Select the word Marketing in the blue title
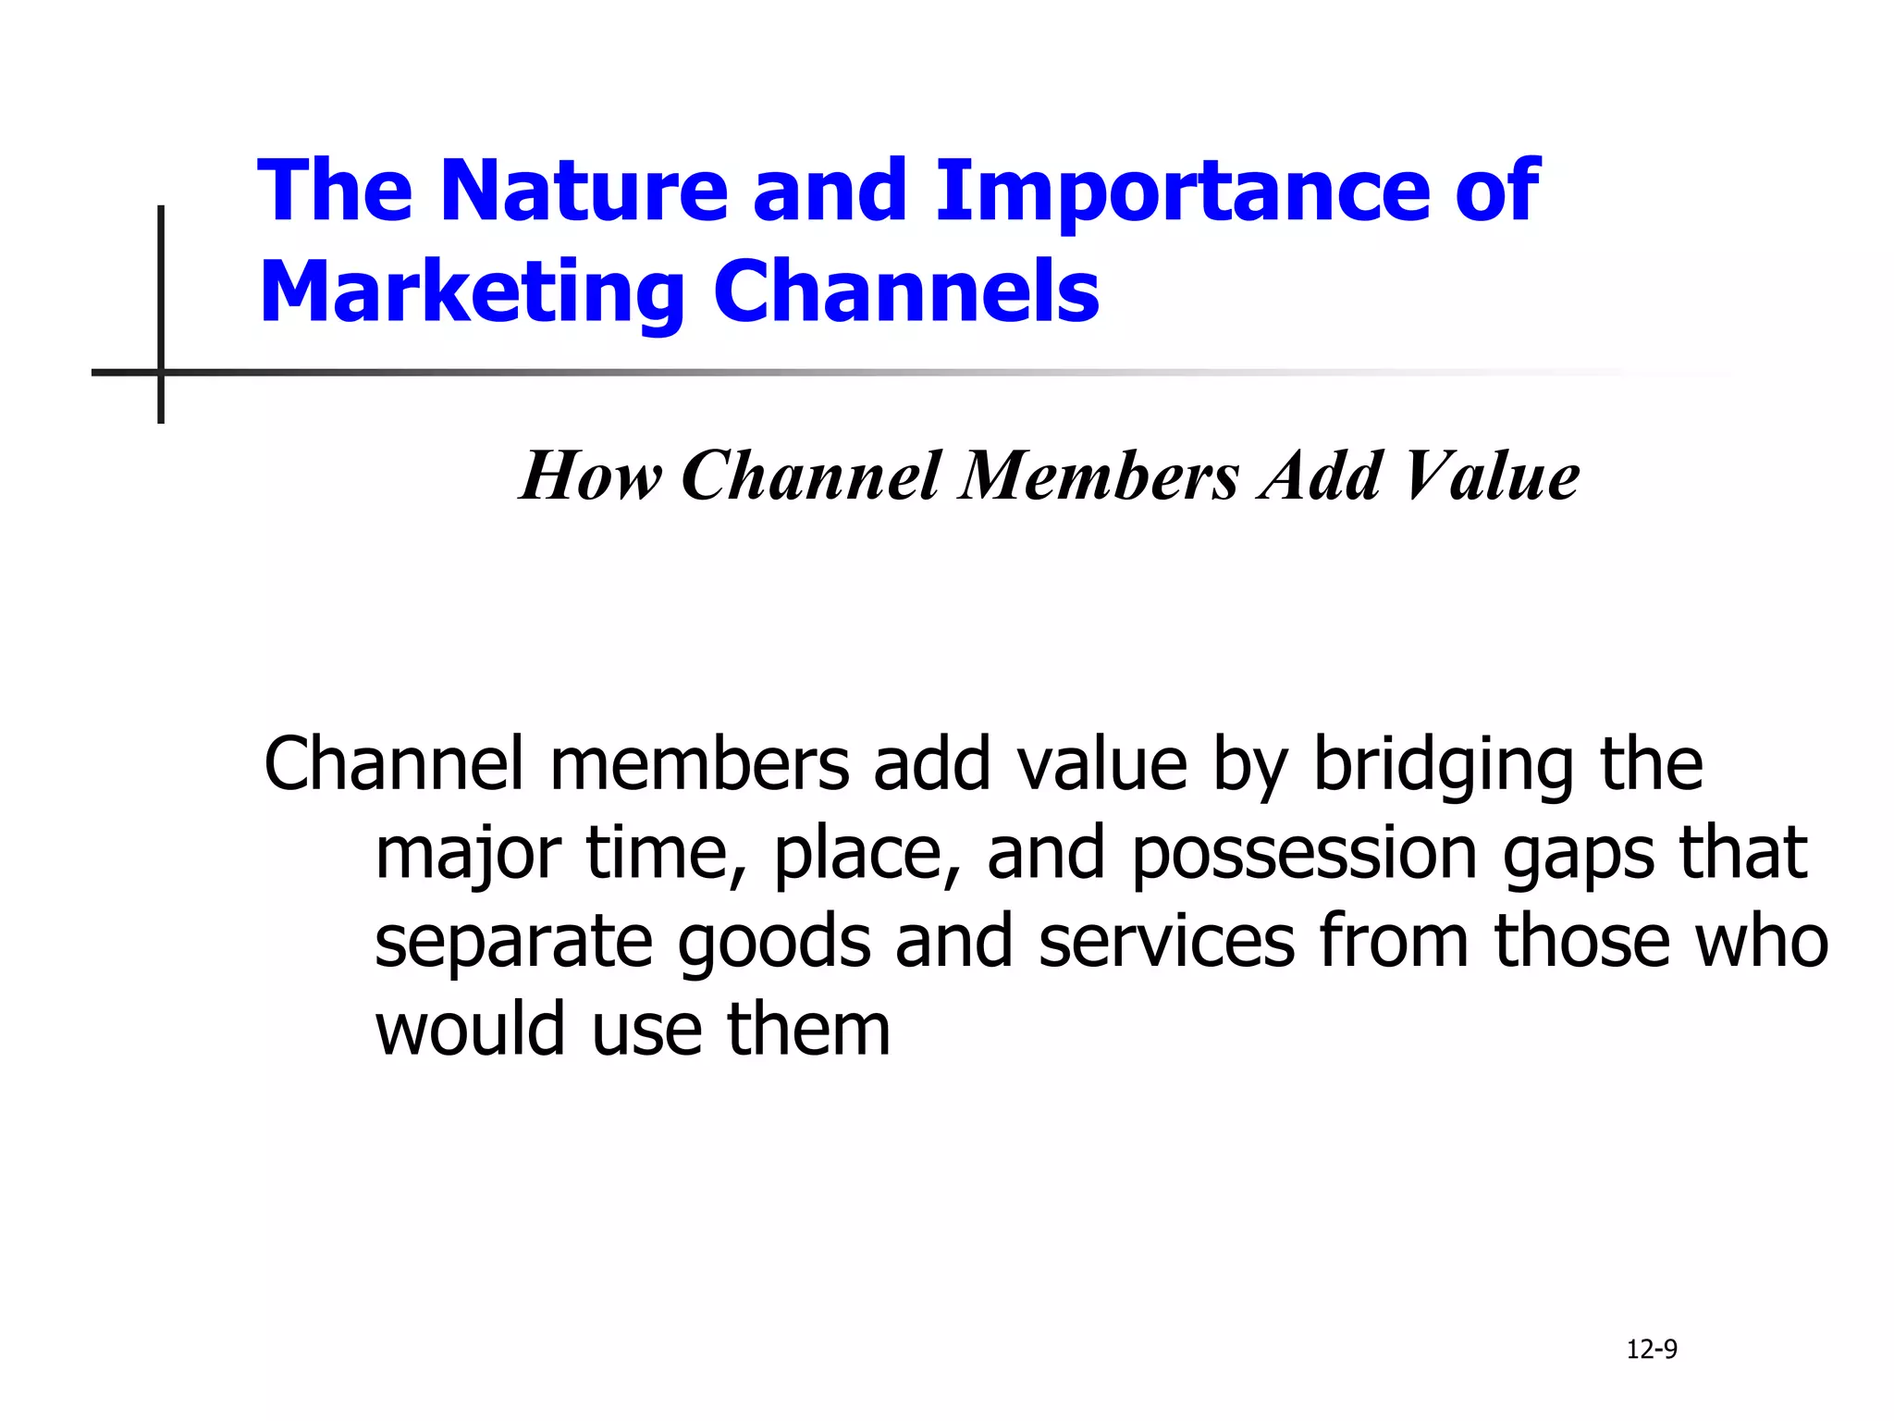pos(472,293)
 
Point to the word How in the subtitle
pos(590,476)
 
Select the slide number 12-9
pos(1652,1350)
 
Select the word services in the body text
pos(1166,942)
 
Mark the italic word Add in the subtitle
pos(1322,476)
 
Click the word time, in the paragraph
pos(666,854)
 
